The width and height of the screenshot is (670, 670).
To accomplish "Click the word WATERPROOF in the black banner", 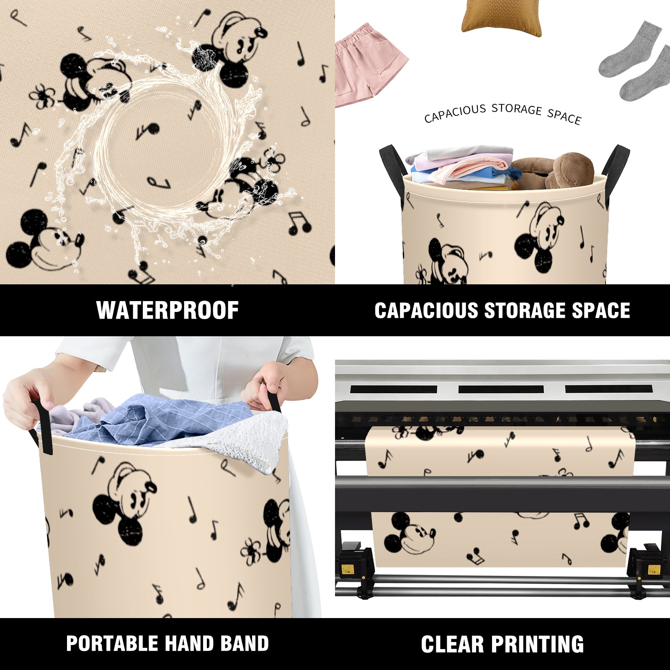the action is tap(167, 310).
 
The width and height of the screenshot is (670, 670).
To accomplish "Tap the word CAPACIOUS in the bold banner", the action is tap(426, 310).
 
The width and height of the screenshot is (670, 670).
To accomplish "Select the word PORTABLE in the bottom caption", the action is tap(111, 643).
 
